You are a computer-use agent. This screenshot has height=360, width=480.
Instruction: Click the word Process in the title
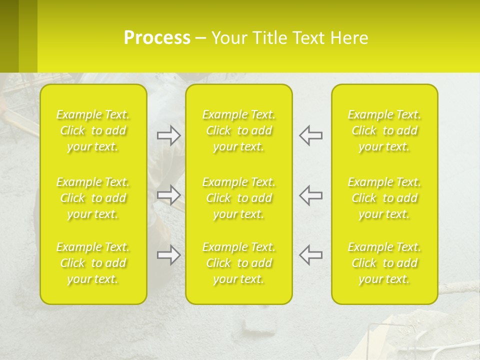pyautogui.click(x=157, y=38)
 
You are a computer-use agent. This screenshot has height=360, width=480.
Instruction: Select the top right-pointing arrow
pyautogui.click(x=169, y=135)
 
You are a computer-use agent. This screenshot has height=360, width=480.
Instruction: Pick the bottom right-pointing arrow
pyautogui.click(x=169, y=255)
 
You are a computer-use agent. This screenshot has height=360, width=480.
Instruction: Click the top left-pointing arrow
pyautogui.click(x=310, y=135)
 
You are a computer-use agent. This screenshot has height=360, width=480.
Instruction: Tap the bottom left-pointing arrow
pyautogui.click(x=310, y=254)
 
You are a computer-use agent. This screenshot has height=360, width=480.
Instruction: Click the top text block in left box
pyautogui.click(x=93, y=130)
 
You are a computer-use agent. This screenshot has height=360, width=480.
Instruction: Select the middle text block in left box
pyautogui.click(x=93, y=198)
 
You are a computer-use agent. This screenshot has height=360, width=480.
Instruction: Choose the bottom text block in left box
pyautogui.click(x=93, y=263)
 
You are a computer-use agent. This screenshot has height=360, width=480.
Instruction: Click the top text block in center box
pyautogui.click(x=239, y=130)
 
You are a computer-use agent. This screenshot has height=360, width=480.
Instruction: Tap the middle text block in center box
pyautogui.click(x=239, y=198)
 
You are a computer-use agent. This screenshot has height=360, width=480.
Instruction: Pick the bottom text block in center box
pyautogui.click(x=239, y=263)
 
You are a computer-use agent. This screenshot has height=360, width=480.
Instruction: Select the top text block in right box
pyautogui.click(x=384, y=130)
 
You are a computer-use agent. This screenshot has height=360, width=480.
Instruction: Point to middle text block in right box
pyautogui.click(x=384, y=198)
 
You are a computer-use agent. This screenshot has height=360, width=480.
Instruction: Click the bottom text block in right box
pyautogui.click(x=384, y=263)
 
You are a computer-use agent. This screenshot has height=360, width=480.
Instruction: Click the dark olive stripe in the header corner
pyautogui.click(x=9, y=36)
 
